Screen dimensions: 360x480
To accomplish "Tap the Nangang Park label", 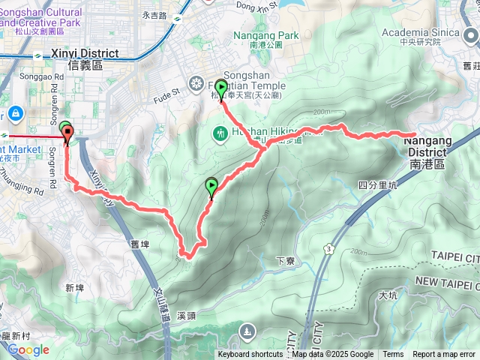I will [265, 36].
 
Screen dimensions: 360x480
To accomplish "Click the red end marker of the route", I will [69, 135].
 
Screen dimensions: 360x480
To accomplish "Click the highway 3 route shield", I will [328, 247].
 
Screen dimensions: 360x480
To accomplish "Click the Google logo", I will [28, 349].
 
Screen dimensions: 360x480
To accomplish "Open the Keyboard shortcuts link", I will [250, 355].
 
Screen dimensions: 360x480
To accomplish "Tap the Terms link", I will [393, 355].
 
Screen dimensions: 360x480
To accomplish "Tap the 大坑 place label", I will [388, 295].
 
